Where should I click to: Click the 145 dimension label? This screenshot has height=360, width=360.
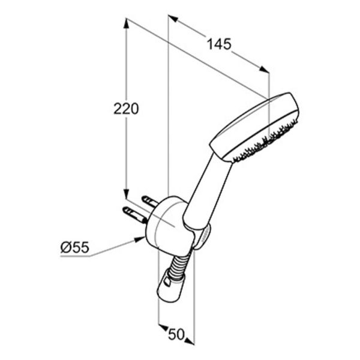coord(219,44)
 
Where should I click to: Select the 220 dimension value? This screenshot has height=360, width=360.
coord(126,109)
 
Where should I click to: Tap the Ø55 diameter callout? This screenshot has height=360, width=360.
coord(74,247)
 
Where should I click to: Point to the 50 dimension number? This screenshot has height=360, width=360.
coord(176,334)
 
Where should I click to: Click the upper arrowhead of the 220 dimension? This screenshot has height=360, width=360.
coord(126,23)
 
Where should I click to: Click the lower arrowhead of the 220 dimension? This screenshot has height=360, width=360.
coord(126,194)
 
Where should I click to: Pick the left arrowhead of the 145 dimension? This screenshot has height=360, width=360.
coord(173,19)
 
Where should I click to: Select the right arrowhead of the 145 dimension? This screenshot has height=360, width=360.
coord(264,70)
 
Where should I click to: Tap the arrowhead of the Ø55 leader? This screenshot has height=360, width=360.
coord(140,239)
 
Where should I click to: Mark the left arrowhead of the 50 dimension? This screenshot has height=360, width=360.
coord(163,327)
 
